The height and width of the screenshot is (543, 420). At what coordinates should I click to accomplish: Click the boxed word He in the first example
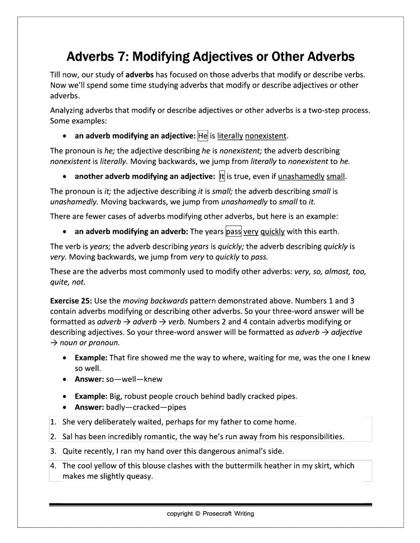(203, 136)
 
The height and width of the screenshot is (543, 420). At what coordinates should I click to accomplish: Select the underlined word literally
(230, 136)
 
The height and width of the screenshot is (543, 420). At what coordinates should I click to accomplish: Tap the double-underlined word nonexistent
(266, 136)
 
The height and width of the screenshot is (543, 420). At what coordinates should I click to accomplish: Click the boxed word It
(222, 176)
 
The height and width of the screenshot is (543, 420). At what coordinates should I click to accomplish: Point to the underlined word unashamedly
(301, 176)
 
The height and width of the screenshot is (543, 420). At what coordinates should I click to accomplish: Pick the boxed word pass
(234, 231)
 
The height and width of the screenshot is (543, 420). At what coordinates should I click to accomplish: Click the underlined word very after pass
(250, 231)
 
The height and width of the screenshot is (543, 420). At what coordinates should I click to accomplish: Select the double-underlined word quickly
(272, 231)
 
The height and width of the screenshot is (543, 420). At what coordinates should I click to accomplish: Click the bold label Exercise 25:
(71, 300)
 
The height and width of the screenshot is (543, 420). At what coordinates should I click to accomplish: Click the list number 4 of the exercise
(54, 466)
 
